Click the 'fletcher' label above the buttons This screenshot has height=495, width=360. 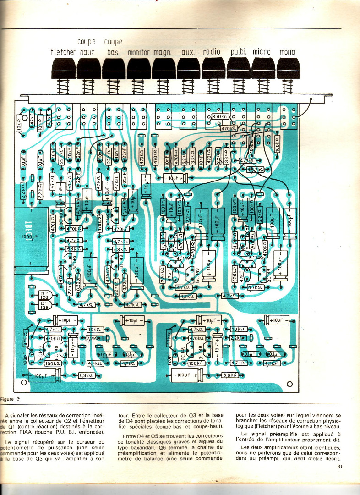pyautogui.click(x=63, y=52)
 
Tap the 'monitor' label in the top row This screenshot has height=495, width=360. pyautogui.click(x=139, y=52)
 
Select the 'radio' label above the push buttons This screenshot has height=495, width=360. pyautogui.click(x=212, y=52)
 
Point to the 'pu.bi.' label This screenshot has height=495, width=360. pyautogui.click(x=238, y=52)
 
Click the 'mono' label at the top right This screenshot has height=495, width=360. pyautogui.click(x=287, y=52)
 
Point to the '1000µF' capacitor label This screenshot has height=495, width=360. pyautogui.click(x=30, y=236)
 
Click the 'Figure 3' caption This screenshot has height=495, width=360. pyautogui.click(x=10, y=399)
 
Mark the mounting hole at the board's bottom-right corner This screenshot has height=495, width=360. pyautogui.click(x=289, y=383)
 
